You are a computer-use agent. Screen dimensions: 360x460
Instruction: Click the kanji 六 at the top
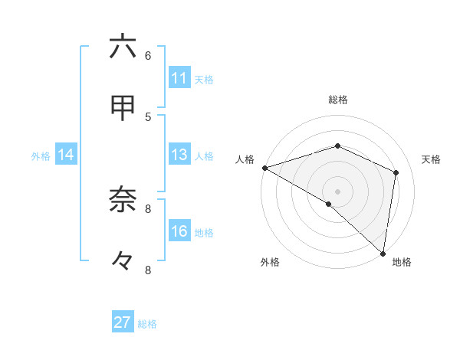tap(123, 47)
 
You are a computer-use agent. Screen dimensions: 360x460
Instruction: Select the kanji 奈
tap(123, 200)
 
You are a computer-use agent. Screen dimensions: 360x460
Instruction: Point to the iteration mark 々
tap(123, 261)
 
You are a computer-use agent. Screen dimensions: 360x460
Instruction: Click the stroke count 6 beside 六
tap(148, 55)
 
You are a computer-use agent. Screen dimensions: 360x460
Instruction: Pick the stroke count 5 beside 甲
tap(148, 116)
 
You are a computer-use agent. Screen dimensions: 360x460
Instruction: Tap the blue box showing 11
tap(179, 78)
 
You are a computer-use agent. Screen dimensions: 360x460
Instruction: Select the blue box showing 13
tap(179, 155)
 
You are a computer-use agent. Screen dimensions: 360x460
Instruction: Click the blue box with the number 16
tap(179, 231)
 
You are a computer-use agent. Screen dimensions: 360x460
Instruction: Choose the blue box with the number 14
tap(66, 155)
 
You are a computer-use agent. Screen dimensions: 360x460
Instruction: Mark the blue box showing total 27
tap(123, 322)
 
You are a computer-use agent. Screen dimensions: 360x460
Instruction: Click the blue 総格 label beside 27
tap(147, 324)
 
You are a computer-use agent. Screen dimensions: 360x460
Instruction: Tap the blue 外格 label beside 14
tap(41, 156)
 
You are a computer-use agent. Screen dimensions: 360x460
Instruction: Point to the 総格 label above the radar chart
tap(337, 100)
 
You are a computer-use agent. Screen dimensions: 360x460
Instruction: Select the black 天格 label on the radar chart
tap(432, 159)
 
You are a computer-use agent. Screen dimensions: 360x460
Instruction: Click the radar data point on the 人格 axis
tap(264, 168)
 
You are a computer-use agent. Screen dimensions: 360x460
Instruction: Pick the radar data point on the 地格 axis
tap(383, 253)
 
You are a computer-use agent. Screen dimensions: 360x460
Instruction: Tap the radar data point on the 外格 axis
tap(329, 204)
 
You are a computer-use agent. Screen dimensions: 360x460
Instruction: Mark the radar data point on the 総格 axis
tap(337, 146)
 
